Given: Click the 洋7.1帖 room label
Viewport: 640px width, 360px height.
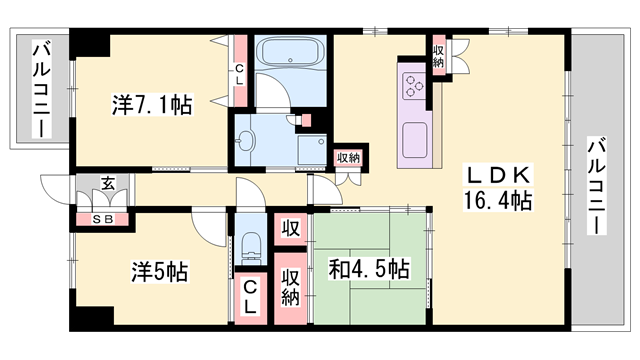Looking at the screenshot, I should pos(152,103).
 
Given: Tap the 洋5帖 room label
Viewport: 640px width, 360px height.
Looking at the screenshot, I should pos(159,271).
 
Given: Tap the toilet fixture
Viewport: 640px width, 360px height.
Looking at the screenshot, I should pos(250,244).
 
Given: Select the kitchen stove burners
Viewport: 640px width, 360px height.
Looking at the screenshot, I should pos(414,88).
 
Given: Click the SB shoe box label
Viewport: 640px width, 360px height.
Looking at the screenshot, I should pos(102,219).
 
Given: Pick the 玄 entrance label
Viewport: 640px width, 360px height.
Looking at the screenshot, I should pos(107,182).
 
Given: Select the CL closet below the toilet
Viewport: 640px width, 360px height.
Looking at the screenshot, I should pos(250,297).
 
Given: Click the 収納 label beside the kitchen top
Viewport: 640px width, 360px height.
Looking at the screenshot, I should pos(439,54).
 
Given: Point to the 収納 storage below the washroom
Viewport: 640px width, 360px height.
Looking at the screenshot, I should pos(347,158).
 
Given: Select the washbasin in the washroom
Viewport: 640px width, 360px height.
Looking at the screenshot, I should pos(248,139).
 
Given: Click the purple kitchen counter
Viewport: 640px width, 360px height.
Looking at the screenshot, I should pos(414,130).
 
